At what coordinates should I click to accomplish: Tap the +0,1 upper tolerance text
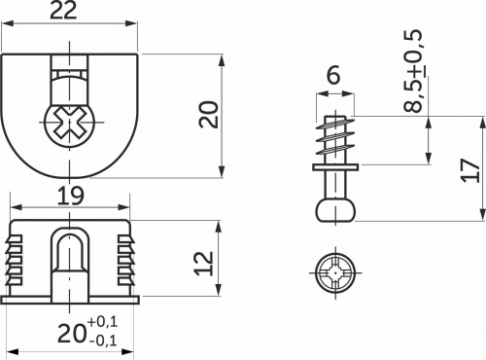[x=102, y=322]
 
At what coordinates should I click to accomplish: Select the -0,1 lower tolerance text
[x=102, y=340]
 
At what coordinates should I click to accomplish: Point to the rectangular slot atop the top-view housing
[x=70, y=72]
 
